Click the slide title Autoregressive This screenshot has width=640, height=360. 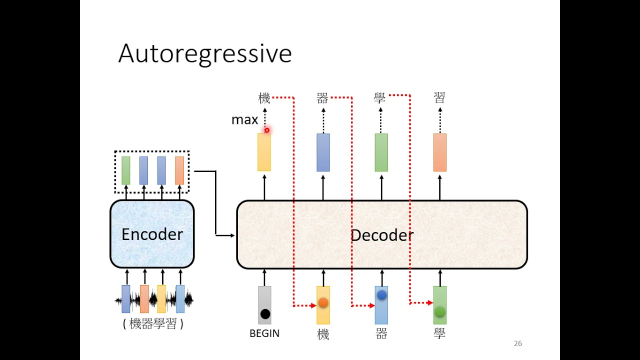pos(205,53)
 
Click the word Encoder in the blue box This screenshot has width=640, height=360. pos(152,234)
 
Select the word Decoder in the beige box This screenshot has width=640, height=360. pos(382,235)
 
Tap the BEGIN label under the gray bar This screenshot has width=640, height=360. pos(264,333)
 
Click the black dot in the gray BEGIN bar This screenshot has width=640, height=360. pos(265,314)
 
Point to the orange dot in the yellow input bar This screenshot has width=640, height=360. pos(323,302)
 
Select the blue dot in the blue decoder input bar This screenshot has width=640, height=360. pos(381,295)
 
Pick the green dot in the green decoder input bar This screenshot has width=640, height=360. pos(439,311)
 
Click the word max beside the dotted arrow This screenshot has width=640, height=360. pos(244,120)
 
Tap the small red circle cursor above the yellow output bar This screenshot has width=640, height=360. pos(267,130)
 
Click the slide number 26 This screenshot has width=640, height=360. pos(517,343)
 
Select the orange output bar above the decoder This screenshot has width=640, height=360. pos(439,152)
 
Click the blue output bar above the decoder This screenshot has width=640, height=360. pos(323,152)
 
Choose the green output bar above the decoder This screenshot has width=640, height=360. pos(381,152)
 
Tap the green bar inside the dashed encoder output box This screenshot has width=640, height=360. pos(125,170)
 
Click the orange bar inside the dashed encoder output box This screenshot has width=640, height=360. pos(179,170)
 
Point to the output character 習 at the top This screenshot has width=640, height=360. pos(439,97)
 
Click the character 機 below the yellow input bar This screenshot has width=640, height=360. pos(323,334)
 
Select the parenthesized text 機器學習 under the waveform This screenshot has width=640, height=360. pos(153,323)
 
